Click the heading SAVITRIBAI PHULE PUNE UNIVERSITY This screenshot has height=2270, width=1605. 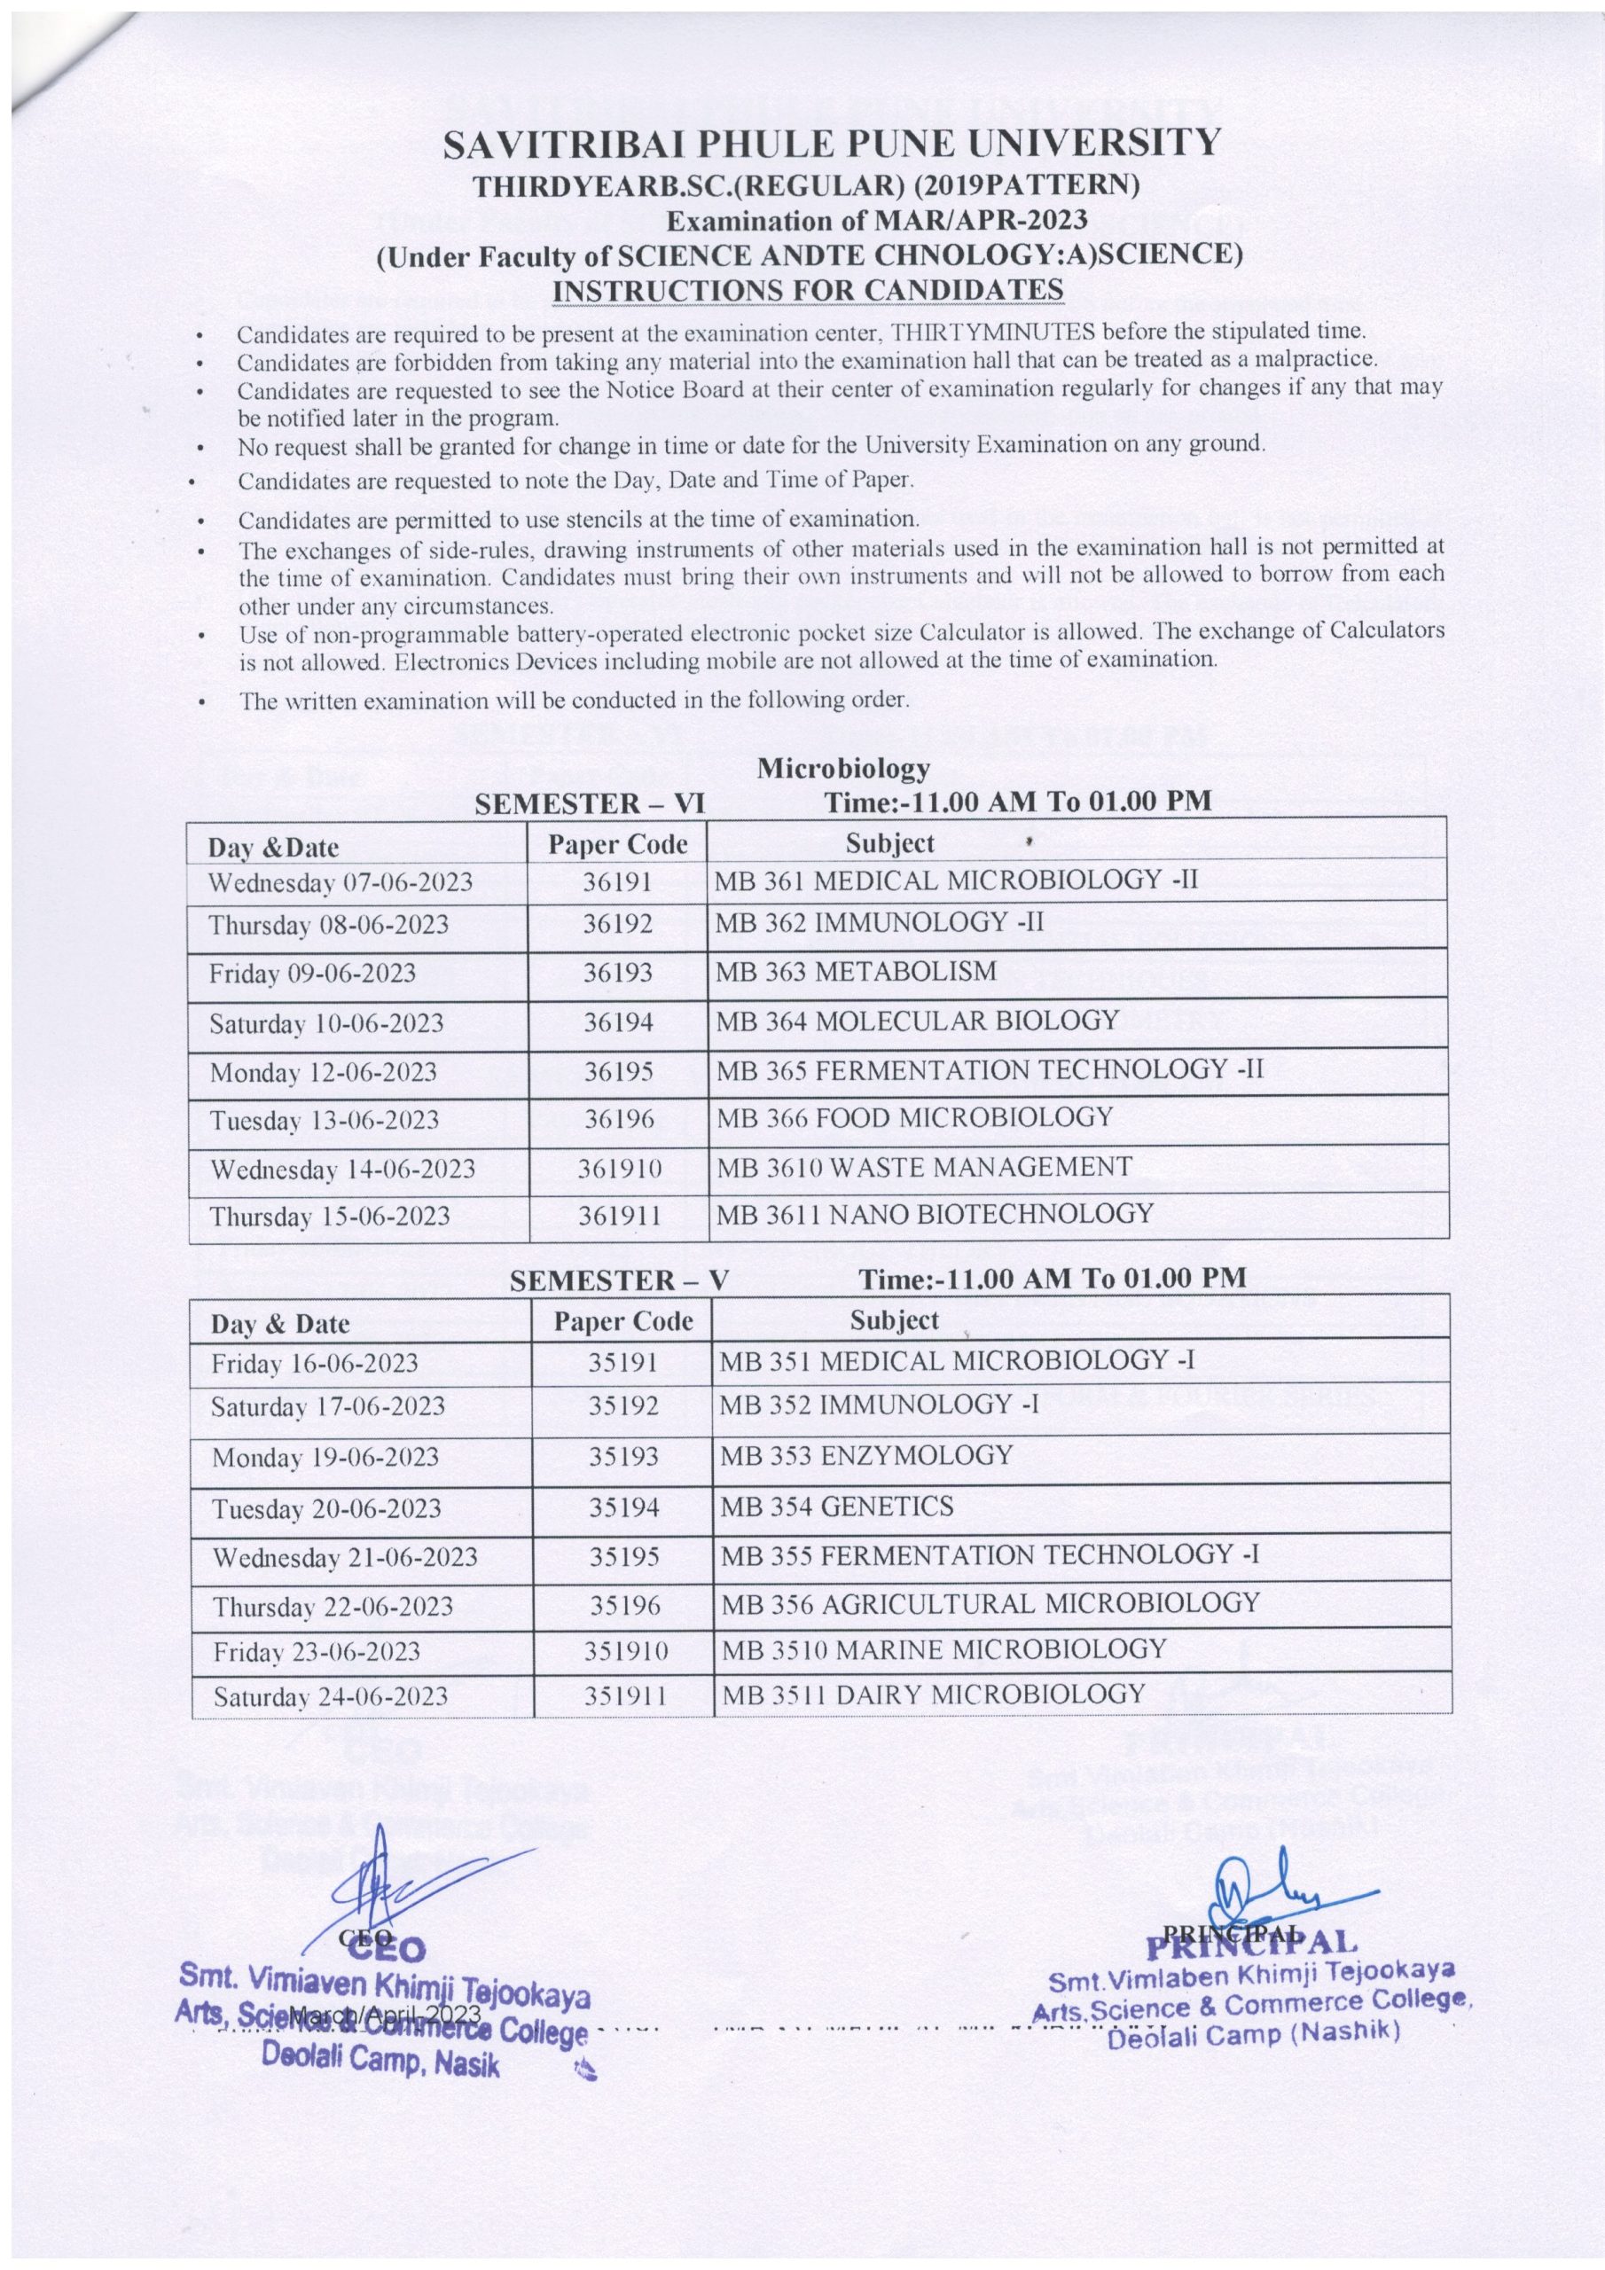[832, 145]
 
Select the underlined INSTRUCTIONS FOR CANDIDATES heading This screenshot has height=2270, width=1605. [808, 290]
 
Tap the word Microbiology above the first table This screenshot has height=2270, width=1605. [843, 767]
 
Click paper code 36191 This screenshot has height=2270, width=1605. [617, 880]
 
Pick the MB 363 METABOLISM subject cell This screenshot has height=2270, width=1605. [857, 972]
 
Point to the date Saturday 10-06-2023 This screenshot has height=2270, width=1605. [326, 1023]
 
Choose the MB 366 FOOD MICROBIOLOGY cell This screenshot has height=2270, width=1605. [915, 1117]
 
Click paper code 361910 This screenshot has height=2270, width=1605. [620, 1169]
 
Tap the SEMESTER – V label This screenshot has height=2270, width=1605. [619, 1280]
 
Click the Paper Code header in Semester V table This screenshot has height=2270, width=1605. [623, 1322]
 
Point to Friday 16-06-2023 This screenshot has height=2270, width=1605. [315, 1365]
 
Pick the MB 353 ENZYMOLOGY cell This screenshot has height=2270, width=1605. [866, 1455]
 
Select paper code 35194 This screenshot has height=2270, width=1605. [624, 1507]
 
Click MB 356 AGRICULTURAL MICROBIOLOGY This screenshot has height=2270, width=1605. [990, 1602]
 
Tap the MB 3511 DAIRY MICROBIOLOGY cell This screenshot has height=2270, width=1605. [933, 1694]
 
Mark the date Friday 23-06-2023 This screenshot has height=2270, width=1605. [317, 1651]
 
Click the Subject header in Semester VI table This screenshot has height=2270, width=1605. [889, 843]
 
